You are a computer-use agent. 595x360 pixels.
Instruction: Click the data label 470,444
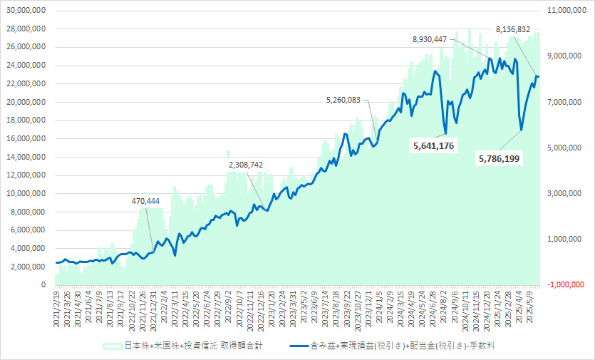146,201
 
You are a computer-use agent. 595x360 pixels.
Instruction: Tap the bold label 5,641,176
433,145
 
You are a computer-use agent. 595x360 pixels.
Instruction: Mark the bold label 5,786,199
498,158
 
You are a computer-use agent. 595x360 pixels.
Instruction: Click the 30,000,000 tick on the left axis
26,11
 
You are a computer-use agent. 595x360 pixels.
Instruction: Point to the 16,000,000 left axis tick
26,138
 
